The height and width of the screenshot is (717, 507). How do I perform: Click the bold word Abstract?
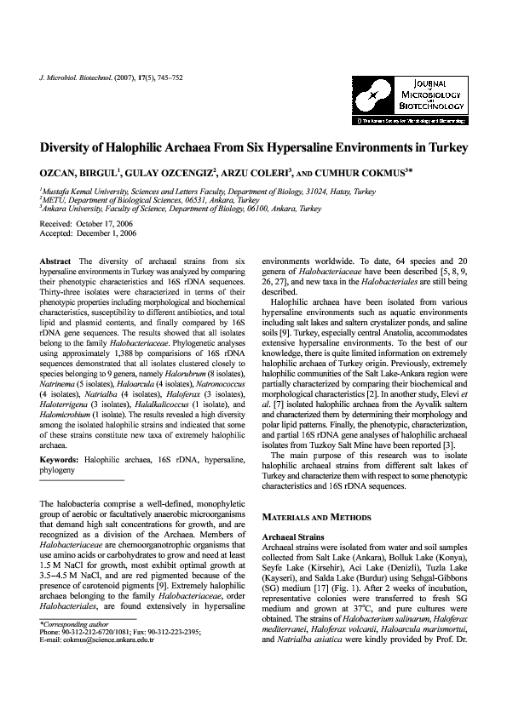57,258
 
